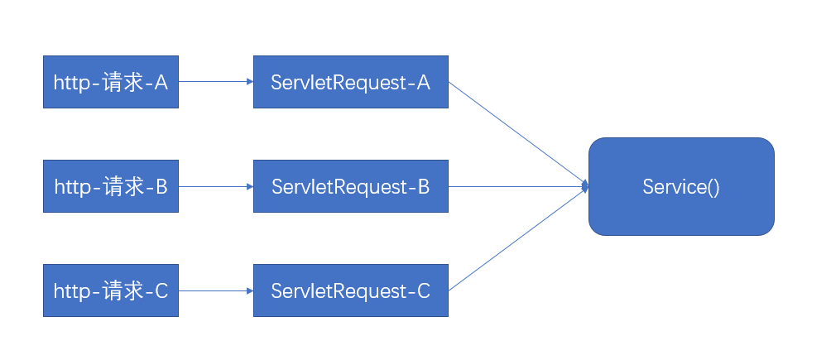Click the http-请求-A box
110,82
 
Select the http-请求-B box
110,186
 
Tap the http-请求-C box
110,290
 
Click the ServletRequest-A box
350,82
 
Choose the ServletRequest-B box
350,186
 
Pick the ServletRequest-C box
350,290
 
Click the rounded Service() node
681,186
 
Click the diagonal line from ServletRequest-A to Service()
517,133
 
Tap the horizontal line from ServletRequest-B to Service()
517,186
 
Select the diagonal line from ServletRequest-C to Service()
517,239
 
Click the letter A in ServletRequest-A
423,82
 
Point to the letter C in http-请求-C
161,290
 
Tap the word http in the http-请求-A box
71,82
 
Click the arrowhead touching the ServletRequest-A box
249,82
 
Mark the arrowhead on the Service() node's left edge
585,186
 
